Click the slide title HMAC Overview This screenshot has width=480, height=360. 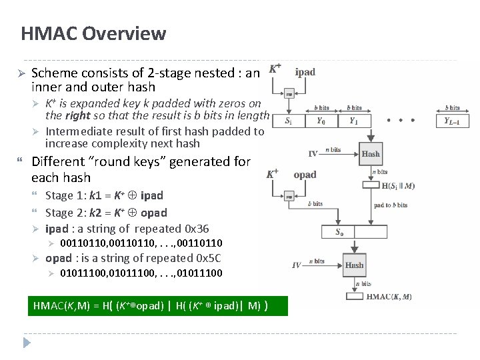click(x=93, y=33)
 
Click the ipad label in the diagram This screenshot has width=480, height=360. click(x=305, y=72)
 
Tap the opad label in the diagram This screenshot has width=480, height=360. click(x=305, y=175)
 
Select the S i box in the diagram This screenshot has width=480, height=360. click(x=288, y=121)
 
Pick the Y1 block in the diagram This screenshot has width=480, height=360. click(x=354, y=121)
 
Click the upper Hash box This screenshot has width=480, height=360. click(x=371, y=153)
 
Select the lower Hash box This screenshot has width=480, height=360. click(x=354, y=265)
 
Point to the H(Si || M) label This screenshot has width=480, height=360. click(x=398, y=186)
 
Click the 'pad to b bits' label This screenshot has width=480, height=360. click(x=391, y=205)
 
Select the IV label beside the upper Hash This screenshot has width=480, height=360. click(x=313, y=154)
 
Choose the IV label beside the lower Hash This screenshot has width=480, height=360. click(x=297, y=265)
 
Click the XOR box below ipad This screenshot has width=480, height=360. click(x=289, y=94)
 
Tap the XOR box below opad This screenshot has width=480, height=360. click(x=289, y=197)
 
